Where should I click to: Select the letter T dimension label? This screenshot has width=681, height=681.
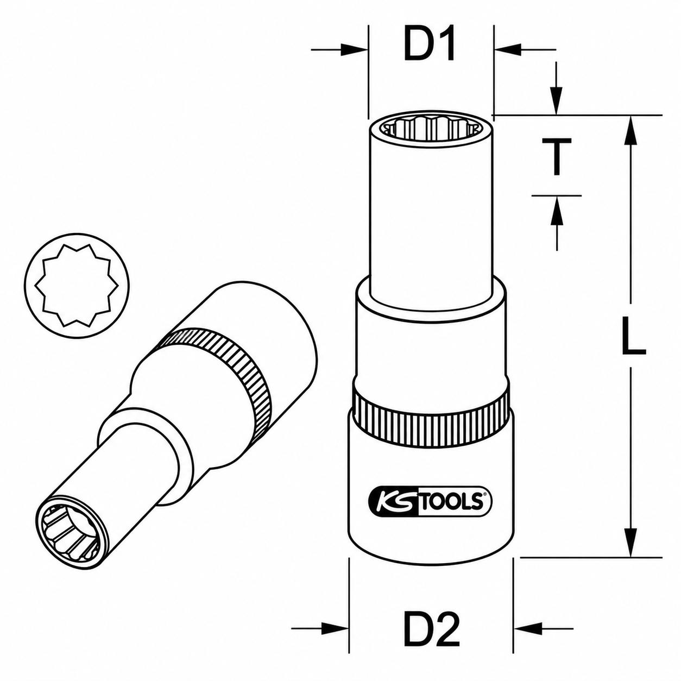(557, 156)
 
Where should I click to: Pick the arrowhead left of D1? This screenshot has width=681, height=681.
(355, 50)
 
